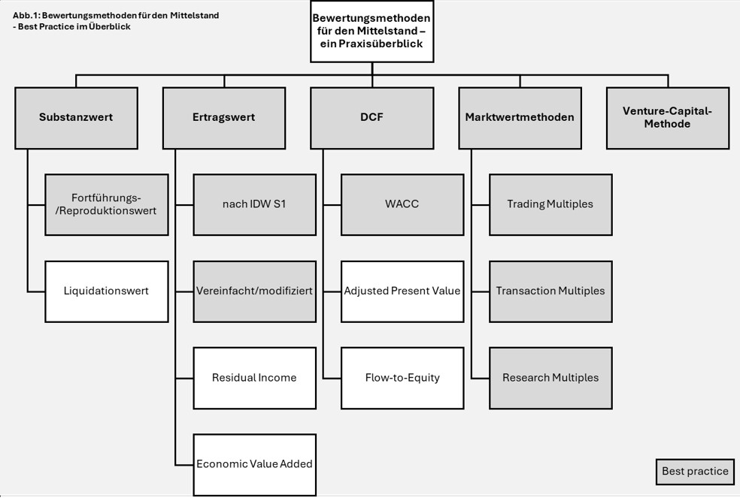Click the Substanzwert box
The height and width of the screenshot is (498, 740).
pyautogui.click(x=76, y=117)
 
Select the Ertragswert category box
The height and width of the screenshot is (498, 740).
pyautogui.click(x=223, y=117)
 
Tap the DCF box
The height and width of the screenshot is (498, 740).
pyautogui.click(x=372, y=117)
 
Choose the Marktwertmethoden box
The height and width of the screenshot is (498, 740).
pyautogui.click(x=519, y=117)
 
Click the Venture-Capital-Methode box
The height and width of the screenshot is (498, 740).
pyautogui.click(x=667, y=117)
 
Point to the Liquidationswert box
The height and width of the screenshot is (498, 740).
pyautogui.click(x=106, y=291)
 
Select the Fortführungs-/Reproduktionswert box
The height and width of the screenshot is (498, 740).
pyautogui.click(x=106, y=204)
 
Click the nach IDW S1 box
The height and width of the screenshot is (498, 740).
pyautogui.click(x=254, y=204)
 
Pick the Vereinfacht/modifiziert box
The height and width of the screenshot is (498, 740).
pyautogui.click(x=254, y=291)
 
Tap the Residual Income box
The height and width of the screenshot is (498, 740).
pyautogui.click(x=254, y=377)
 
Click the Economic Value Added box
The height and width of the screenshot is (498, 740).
pyautogui.click(x=254, y=464)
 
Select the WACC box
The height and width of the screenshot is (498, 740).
pyautogui.click(x=402, y=204)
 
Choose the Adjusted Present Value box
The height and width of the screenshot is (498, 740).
pyautogui.click(x=402, y=291)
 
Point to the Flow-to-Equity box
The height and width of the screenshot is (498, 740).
pyautogui.click(x=402, y=377)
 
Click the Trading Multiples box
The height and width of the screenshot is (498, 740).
pyautogui.click(x=550, y=204)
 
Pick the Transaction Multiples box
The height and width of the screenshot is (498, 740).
pyautogui.click(x=550, y=291)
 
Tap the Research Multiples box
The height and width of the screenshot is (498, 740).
pyautogui.click(x=550, y=377)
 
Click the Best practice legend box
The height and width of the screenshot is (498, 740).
pyautogui.click(x=694, y=472)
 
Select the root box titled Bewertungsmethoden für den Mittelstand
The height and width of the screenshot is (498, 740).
pyautogui.click(x=372, y=31)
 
